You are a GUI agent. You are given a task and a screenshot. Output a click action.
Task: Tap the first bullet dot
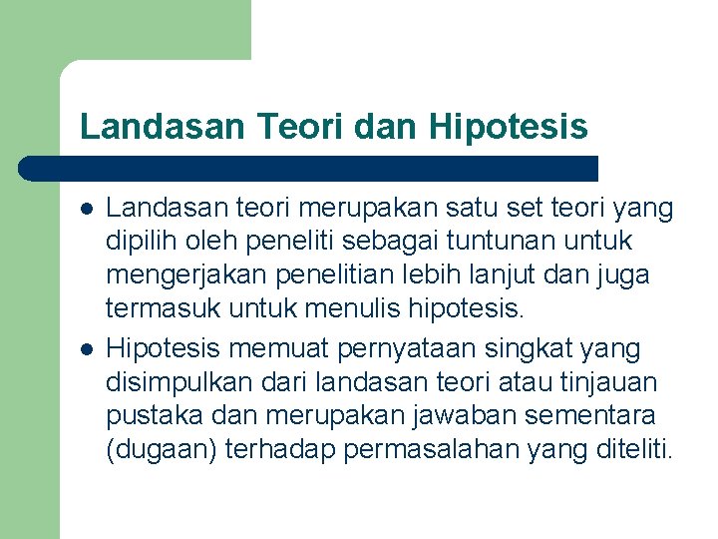pyautogui.click(x=87, y=209)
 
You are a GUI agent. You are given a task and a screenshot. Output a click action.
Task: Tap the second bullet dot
pyautogui.click(x=87, y=349)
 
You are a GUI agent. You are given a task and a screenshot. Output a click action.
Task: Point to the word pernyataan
pyautogui.click(x=399, y=349)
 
